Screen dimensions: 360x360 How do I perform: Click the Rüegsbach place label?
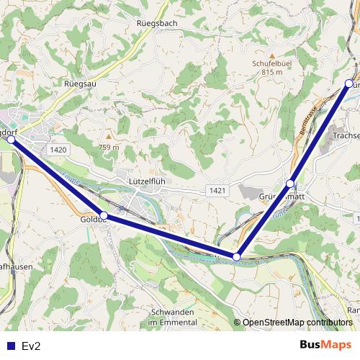[156, 23]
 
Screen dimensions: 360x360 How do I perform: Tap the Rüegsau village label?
[80, 84]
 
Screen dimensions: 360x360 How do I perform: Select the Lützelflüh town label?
[146, 181]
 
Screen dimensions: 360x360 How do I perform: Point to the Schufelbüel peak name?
[271, 63]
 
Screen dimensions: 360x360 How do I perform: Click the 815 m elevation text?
[271, 72]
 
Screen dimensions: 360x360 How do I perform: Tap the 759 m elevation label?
[109, 148]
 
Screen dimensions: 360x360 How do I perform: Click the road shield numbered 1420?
[59, 149]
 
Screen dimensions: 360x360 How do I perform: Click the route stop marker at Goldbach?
[104, 215]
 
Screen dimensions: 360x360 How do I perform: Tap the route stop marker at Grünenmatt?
[290, 184]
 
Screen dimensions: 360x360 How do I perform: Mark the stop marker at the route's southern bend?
[236, 256]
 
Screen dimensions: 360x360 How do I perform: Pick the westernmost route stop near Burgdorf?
[11, 140]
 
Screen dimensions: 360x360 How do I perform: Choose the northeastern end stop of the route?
[349, 84]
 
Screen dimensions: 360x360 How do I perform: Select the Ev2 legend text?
[31, 346]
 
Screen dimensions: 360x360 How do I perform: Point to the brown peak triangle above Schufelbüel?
[271, 55]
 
